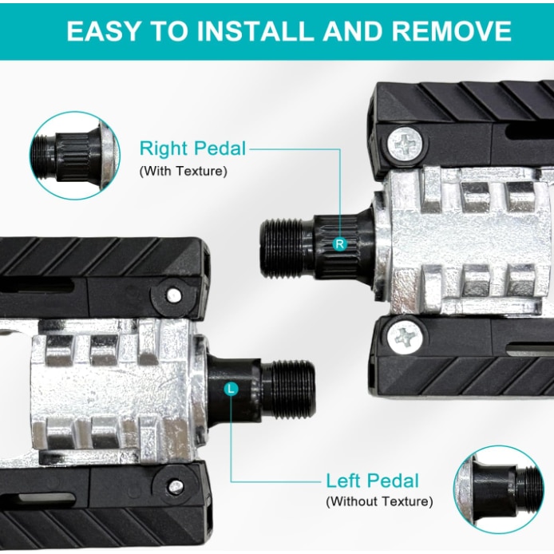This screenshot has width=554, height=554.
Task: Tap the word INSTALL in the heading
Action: (255, 31)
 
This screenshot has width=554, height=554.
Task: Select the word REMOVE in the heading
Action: (452, 31)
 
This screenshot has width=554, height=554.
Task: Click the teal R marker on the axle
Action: (340, 243)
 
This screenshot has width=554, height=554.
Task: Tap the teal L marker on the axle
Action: (231, 389)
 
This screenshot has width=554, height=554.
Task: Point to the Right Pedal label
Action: (192, 148)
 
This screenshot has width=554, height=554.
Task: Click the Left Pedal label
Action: (373, 481)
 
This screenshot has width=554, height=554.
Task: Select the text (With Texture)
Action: (183, 172)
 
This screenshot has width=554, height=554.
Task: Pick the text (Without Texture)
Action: (379, 501)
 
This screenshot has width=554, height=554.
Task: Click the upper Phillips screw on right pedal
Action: (405, 144)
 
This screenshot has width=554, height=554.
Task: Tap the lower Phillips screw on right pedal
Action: (405, 338)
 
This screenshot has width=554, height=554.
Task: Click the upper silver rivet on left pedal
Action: (174, 295)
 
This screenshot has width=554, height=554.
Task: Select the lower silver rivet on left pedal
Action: (176, 487)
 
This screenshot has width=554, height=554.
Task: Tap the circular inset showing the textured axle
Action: (75, 156)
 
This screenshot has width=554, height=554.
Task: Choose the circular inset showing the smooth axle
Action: (499, 489)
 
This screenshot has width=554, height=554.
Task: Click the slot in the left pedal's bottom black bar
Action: (46, 499)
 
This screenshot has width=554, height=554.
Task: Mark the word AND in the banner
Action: (352, 31)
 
